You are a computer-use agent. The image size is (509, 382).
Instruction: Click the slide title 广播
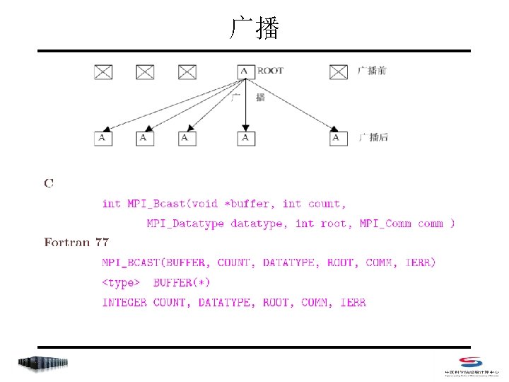tap(255, 28)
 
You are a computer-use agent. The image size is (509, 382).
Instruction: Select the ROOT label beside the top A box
tap(270, 71)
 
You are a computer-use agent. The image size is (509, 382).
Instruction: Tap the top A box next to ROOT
tap(245, 71)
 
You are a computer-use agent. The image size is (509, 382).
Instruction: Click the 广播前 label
tap(373, 71)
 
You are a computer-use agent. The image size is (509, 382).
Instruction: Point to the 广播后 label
tap(373, 137)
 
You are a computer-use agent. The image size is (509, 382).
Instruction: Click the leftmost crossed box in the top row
tap(103, 71)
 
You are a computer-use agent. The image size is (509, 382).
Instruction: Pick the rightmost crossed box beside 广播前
tap(339, 71)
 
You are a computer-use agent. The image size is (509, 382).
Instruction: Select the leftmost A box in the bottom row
tap(103, 138)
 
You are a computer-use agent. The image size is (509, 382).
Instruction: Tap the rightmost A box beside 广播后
tap(339, 138)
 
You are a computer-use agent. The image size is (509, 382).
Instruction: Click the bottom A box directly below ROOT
tap(245, 138)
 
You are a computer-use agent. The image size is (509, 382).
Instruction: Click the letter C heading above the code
tap(49, 184)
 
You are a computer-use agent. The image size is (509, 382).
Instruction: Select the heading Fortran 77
tap(76, 243)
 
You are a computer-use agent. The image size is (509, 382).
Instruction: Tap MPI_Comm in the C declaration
tap(385, 224)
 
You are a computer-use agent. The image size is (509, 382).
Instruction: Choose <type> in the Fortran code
tap(122, 282)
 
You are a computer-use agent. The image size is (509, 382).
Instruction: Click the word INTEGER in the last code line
tap(124, 302)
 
